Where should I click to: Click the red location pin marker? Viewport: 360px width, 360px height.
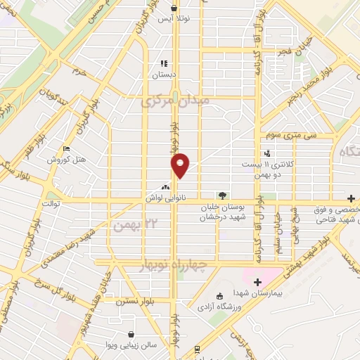181,165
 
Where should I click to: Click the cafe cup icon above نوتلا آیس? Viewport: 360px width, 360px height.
174,8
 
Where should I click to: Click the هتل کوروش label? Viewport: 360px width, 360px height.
66,160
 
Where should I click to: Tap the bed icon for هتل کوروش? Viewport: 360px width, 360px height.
66,149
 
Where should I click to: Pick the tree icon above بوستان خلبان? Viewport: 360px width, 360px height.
222,195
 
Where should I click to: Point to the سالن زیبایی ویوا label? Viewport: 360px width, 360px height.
131,346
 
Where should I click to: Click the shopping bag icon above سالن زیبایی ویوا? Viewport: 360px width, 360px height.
131,335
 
